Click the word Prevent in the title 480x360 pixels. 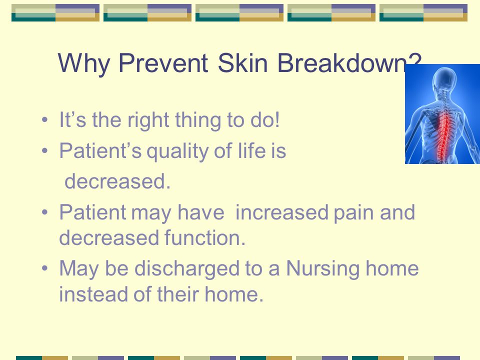(x=163, y=63)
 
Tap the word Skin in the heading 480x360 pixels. (x=243, y=63)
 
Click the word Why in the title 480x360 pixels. (x=83, y=63)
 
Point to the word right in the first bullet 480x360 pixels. (x=148, y=119)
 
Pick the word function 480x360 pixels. (x=205, y=237)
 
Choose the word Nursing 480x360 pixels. (x=322, y=269)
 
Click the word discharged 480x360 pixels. (x=186, y=269)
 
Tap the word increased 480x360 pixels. (x=281, y=212)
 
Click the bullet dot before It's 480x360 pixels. (x=44, y=119)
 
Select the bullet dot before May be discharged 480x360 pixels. (x=44, y=268)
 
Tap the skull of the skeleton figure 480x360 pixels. (x=443, y=78)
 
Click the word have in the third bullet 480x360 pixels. (x=201, y=212)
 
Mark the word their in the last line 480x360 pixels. (x=178, y=294)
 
